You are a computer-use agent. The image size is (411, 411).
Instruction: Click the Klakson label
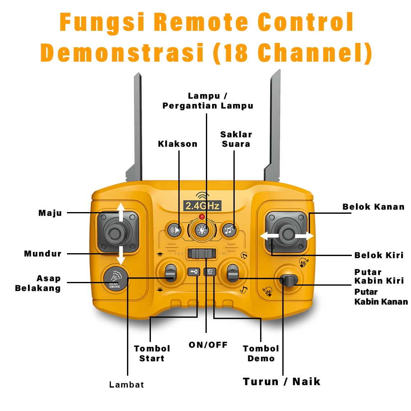[178, 144]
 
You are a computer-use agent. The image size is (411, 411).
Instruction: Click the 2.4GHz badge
[202, 205]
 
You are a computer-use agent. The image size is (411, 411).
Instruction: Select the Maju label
[50, 213]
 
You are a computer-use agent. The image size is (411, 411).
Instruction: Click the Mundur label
[43, 254]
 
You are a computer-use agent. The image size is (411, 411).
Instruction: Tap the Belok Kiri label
[379, 255]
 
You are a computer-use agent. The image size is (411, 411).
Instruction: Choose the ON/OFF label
[208, 345]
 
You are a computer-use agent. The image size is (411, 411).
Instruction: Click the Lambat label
[127, 385]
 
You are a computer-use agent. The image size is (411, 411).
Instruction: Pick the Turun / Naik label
[282, 382]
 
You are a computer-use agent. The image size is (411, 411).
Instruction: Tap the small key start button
[194, 272]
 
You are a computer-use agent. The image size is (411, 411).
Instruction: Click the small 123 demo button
[210, 272]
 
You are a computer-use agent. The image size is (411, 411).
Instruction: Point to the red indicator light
[202, 217]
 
